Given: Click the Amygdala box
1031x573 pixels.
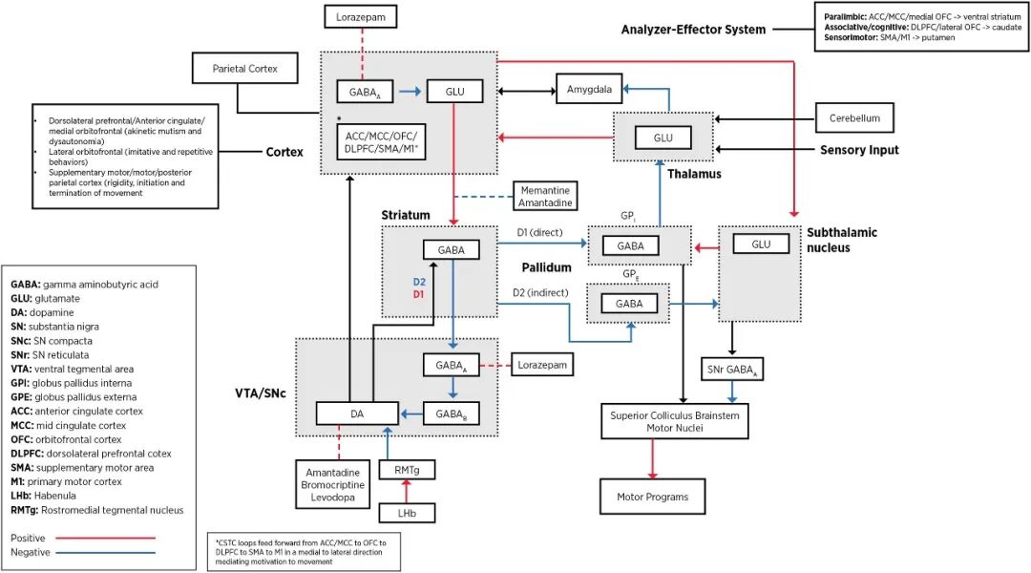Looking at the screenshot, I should pos(589,89).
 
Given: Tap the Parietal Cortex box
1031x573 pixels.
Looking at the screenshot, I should pos(245,68).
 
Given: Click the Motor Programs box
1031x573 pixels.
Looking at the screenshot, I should pos(652,497).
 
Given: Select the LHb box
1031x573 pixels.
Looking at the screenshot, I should pos(407,514).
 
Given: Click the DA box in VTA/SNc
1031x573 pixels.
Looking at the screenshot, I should pos(356,413).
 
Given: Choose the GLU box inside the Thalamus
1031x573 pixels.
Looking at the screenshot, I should pos(663,138).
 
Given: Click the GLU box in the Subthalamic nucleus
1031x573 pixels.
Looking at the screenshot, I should pos(761,244).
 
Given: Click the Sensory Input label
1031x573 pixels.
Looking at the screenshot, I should pos(859,150).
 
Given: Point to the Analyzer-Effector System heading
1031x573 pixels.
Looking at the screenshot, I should pos(693,30).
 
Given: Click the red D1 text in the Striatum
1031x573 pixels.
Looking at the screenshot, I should pos(418,296).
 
